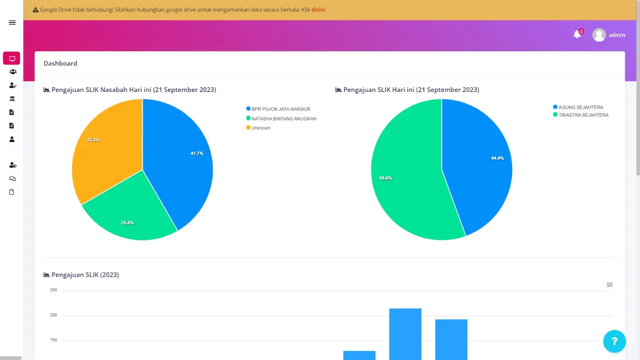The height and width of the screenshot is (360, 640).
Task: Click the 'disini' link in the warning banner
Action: [318, 10]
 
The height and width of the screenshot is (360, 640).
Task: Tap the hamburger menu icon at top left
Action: [12, 22]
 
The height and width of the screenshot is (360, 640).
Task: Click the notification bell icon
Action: [577, 35]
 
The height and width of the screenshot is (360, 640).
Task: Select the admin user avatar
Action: [599, 35]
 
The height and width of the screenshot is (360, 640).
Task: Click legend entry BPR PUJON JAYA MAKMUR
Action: [280, 109]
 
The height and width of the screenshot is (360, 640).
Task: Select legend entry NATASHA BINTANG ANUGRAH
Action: [284, 118]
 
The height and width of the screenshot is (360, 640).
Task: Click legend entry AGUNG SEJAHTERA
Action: [580, 107]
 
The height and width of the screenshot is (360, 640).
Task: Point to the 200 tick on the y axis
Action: [54, 315]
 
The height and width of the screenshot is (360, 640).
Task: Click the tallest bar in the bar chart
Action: [405, 334]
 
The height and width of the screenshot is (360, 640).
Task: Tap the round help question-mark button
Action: [614, 341]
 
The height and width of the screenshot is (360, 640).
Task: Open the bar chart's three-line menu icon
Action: [610, 285]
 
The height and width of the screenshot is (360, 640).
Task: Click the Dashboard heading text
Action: [60, 63]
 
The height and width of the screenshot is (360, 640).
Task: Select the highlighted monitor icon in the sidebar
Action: [12, 58]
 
